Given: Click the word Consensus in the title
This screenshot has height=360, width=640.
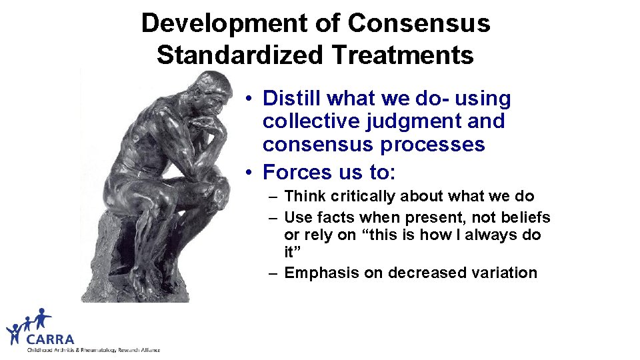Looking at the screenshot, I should pos(419,23).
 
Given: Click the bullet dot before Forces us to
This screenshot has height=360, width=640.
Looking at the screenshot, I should pos(247,173).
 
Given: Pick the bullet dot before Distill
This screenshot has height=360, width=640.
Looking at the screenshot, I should pos(247,99).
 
